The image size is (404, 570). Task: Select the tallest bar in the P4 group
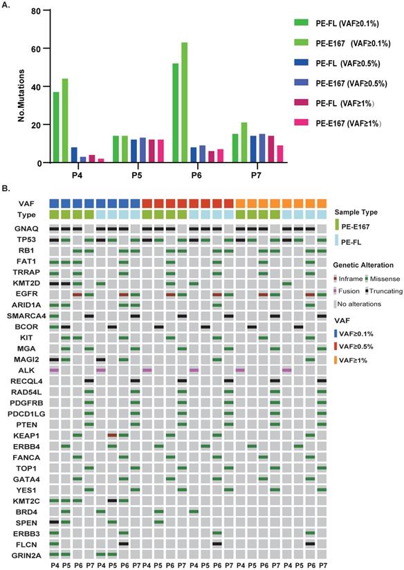point(66,120)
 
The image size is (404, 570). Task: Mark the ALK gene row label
point(24,371)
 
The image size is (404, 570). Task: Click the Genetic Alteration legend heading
point(363,266)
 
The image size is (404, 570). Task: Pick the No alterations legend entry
point(360,303)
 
